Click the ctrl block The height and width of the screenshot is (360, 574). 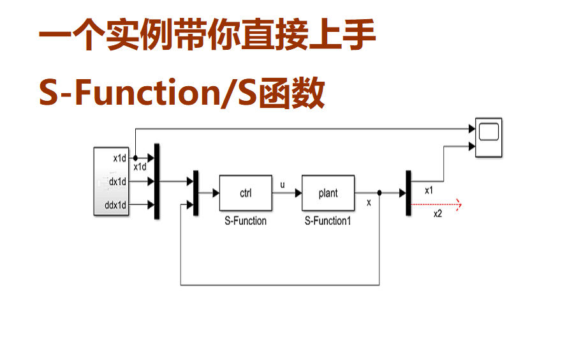246,193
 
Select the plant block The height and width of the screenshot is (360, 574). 328,193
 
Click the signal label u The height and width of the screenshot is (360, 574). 283,184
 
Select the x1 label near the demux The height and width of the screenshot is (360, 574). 429,190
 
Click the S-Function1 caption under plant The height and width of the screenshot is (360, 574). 328,221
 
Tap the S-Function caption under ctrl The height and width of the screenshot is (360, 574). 246,221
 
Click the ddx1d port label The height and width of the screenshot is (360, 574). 115,205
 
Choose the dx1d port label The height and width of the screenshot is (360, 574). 118,182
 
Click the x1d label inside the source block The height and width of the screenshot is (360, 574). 120,158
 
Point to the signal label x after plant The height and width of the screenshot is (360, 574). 369,203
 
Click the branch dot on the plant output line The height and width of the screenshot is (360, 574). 379,193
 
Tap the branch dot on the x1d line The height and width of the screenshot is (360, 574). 135,158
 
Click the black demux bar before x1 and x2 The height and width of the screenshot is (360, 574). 408,193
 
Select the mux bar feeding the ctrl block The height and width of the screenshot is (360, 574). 196,193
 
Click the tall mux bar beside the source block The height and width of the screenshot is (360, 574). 156,182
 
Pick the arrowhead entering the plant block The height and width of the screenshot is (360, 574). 298,193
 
